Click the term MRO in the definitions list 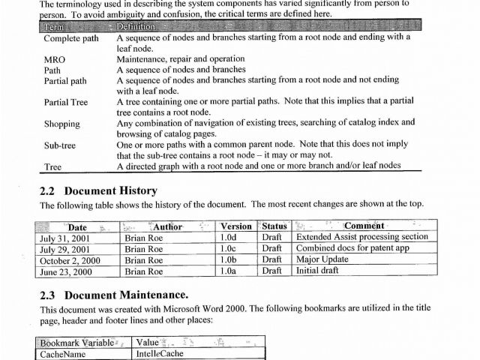(x=54, y=58)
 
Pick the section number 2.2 (x=48, y=190)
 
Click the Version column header (x=236, y=226)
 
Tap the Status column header (x=274, y=226)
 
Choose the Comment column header (x=364, y=226)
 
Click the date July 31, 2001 (x=67, y=237)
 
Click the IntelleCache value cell (x=160, y=354)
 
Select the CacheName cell (x=63, y=354)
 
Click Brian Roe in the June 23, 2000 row (x=144, y=271)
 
